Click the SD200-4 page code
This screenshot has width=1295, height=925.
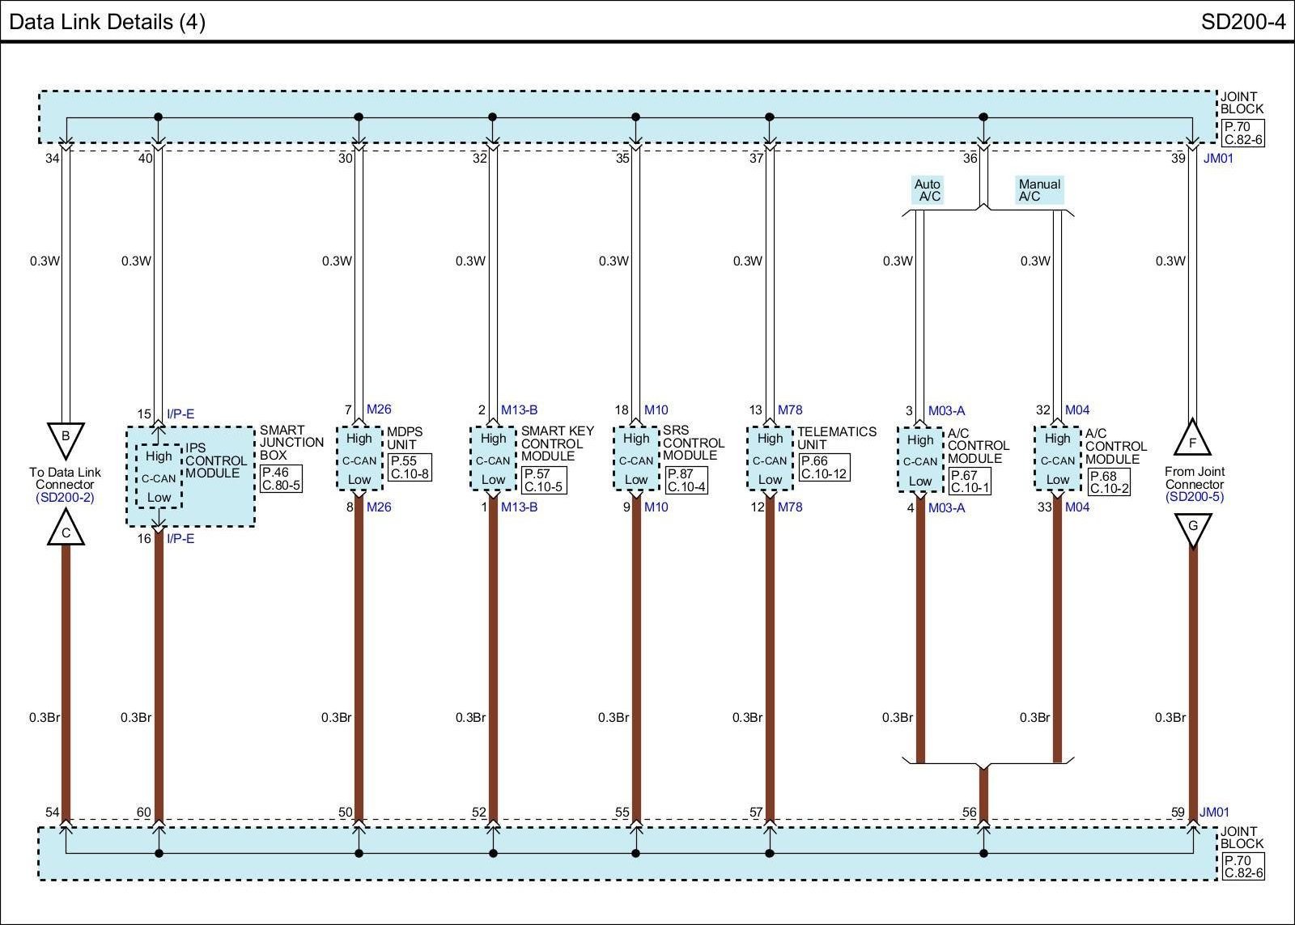1242,22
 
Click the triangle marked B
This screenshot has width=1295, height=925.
66,438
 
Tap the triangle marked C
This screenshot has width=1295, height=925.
66,531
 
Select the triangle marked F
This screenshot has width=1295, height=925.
1192,440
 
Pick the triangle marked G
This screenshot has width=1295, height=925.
1192,528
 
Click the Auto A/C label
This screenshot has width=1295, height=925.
928,190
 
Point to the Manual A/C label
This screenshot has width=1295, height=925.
1038,190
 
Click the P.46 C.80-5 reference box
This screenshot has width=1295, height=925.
281,479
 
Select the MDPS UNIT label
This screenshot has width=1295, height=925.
405,438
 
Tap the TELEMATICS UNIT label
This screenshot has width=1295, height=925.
836,438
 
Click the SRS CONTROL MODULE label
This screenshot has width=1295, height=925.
693,443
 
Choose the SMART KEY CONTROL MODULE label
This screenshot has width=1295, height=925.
557,443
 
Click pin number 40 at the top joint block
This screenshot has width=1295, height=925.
145,159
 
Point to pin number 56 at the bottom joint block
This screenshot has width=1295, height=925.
969,813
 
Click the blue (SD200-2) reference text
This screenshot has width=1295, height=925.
65,498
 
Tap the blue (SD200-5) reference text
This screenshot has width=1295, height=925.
1195,497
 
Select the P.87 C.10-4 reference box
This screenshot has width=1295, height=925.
686,481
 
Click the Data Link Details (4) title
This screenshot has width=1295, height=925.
108,22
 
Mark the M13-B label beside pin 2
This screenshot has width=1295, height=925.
519,409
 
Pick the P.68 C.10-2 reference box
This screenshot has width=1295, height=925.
1108,482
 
